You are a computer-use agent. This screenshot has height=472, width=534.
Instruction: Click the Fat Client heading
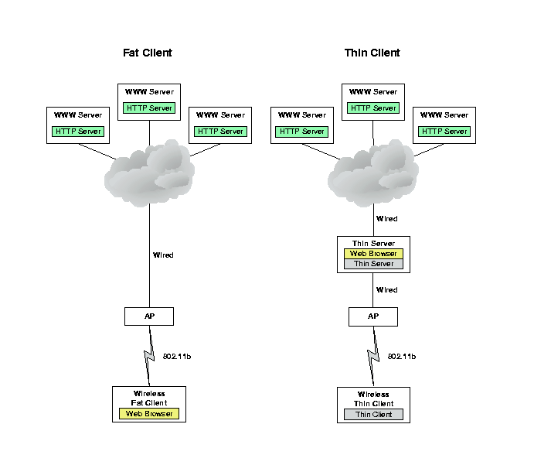coord(148,53)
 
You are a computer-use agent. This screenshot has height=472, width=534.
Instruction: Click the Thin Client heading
coord(372,53)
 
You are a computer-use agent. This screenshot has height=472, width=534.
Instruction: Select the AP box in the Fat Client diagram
coord(149,316)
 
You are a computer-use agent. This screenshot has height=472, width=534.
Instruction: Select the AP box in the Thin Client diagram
coord(373,316)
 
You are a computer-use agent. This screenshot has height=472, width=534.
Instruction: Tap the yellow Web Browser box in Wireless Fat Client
coord(149,414)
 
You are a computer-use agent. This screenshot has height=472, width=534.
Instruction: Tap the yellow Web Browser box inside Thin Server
coord(373,254)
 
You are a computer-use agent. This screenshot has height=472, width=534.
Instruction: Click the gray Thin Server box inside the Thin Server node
coord(373,264)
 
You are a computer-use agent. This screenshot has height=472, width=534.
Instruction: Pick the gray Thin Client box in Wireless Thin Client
coord(373,414)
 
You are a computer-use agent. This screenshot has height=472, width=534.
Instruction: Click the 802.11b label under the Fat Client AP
coord(177,357)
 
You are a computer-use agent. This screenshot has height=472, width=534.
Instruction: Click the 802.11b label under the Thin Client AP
coord(402,357)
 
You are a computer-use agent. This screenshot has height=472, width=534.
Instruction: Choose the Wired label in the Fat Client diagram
coord(163,255)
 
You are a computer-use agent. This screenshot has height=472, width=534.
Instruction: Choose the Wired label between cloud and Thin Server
coord(387,219)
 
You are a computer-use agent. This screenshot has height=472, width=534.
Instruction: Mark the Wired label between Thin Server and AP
coord(387,290)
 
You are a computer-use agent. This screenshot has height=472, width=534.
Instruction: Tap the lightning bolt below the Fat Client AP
coord(150,356)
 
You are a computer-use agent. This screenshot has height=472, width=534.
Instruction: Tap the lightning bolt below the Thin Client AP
coord(374,356)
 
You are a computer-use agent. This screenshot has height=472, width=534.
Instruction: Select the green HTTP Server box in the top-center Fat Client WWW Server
coord(149,108)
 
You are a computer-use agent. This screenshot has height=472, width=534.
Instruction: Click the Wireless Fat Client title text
coord(149,398)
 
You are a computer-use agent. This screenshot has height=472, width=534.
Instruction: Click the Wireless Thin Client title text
coord(373,398)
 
